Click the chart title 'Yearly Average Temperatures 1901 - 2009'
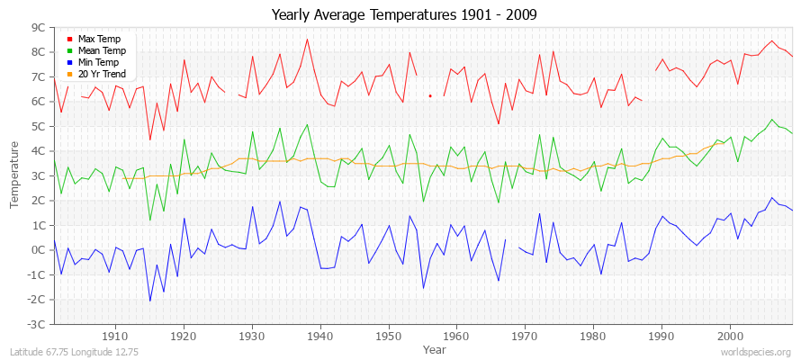click(x=404, y=15)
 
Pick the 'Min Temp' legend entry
click(x=98, y=62)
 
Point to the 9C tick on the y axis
click(x=38, y=28)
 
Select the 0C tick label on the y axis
click(x=38, y=249)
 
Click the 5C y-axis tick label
click(x=38, y=126)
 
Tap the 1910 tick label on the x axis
click(x=115, y=336)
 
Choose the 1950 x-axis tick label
click(x=388, y=336)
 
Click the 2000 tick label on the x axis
click(x=730, y=336)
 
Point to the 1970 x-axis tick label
click(x=525, y=336)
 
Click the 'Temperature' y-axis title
click(x=15, y=175)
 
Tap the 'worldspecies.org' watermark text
click(x=751, y=353)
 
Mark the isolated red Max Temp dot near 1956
click(x=430, y=95)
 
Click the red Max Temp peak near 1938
click(x=307, y=39)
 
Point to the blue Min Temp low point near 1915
click(x=149, y=301)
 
